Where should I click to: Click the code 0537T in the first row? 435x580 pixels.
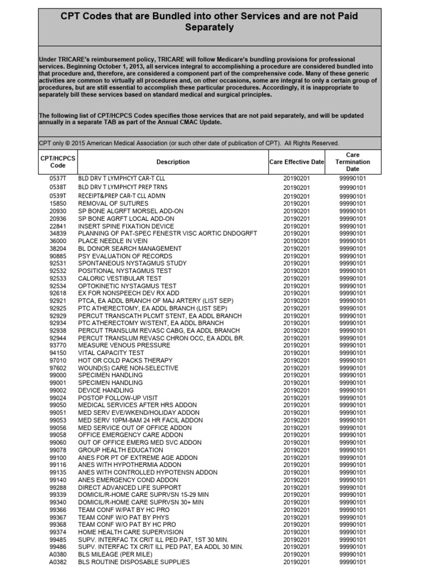pos(58,178)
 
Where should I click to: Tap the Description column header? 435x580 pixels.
pos(173,162)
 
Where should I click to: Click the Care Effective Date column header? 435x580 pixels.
pos(297,162)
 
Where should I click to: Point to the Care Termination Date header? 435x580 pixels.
pos(352,162)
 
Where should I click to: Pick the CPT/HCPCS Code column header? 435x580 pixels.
pos(58,162)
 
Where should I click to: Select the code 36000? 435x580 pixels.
pos(58,241)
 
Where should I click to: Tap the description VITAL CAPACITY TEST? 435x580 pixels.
pos(111,353)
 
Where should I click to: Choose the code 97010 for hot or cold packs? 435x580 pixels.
pos(58,361)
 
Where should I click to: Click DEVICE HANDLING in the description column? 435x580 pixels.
pos(106,390)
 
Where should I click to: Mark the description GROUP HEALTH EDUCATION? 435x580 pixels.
pos(113,450)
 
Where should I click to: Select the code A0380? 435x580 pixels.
pos(58,555)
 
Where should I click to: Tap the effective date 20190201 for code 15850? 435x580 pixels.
pos(297,203)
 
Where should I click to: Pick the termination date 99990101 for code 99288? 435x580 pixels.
pos(352,488)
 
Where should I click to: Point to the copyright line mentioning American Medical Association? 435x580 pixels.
pos(189,143)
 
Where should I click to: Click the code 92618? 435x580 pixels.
pos(58,293)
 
